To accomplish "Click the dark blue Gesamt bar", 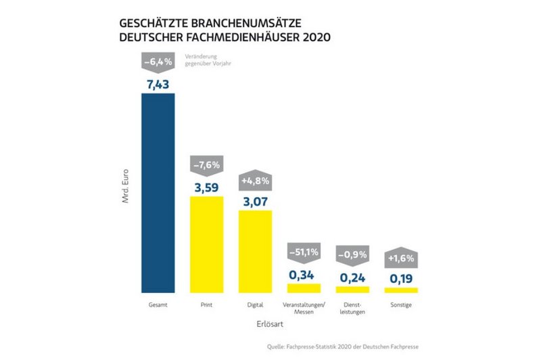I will pos(158,193).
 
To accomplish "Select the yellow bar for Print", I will pos(206,244).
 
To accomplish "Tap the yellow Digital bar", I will pos(255,251).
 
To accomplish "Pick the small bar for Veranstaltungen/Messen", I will pos(304,288).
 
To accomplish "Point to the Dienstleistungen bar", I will pos(352,289).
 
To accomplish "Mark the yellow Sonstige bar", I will pos(401,290).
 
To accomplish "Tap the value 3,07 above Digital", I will pos(255,200).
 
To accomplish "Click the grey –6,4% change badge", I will pos(158,62).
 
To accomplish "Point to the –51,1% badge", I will pos(304,252).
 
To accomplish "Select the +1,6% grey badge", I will pos(401,258).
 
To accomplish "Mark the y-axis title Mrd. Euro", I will pos(126,190).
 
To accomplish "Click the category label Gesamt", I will pos(158,305).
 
